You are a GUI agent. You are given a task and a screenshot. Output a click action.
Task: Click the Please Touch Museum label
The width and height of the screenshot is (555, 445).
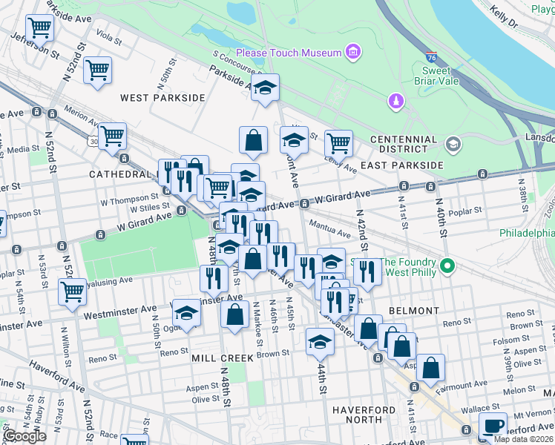(x=289, y=53)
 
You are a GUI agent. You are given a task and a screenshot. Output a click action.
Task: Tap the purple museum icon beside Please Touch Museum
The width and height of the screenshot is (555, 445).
(x=353, y=52)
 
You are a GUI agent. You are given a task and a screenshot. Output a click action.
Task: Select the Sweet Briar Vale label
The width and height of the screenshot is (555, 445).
(x=426, y=76)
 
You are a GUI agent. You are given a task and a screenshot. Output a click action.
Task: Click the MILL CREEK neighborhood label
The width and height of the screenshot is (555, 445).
(x=223, y=357)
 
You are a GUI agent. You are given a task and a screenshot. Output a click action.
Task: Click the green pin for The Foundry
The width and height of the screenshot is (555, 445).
(x=447, y=265)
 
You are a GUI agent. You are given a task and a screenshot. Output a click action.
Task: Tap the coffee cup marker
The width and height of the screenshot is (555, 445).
(x=493, y=426)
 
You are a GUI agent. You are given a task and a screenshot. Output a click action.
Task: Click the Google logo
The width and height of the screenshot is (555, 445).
(x=24, y=436)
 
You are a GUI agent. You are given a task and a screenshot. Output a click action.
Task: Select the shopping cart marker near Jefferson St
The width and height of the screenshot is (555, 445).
(x=39, y=27)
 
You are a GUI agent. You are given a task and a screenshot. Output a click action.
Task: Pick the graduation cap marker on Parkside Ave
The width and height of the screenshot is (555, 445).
(x=265, y=88)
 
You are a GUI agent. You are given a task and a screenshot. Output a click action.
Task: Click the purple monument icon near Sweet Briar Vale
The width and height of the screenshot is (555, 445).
(x=396, y=100)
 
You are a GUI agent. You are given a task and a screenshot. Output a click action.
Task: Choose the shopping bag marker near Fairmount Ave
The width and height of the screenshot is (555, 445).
(x=430, y=366)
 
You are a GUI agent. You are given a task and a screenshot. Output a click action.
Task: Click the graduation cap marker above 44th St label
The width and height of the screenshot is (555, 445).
(x=320, y=341)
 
